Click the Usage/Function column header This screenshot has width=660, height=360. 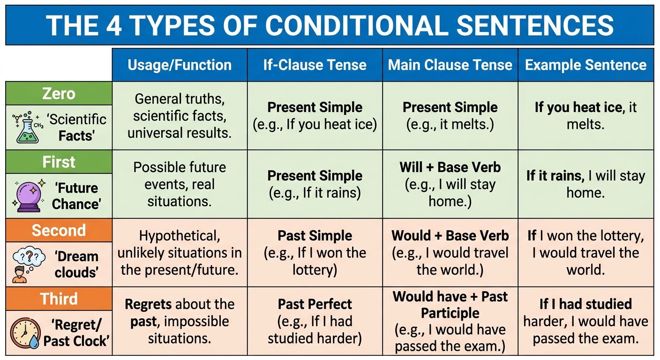point(179,65)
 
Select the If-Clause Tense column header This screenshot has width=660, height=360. point(315,65)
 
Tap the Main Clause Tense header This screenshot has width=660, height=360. point(450,65)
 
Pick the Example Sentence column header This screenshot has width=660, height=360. point(585,65)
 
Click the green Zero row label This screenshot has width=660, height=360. point(59,93)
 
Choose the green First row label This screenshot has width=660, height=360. point(59,162)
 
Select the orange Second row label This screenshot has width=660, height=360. point(59,230)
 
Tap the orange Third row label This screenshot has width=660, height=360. point(59,299)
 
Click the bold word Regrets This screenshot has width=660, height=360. point(148,304)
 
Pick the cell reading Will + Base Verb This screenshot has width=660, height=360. point(450,167)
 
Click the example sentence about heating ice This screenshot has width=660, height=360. point(585,116)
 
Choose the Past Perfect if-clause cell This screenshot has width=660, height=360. point(315,321)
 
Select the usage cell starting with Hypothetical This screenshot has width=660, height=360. point(179,253)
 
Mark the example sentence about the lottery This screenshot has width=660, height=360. point(585,253)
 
